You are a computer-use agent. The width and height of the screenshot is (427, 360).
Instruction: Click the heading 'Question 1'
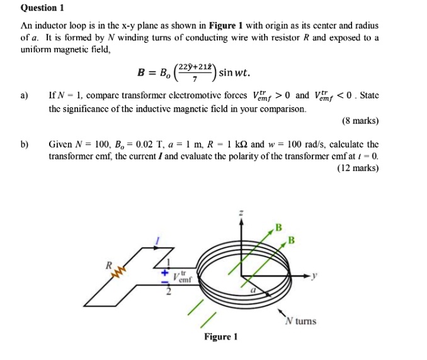43,8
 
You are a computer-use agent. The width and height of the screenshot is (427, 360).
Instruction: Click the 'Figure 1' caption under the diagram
220,337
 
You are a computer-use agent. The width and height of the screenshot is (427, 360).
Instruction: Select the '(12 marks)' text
357,168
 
